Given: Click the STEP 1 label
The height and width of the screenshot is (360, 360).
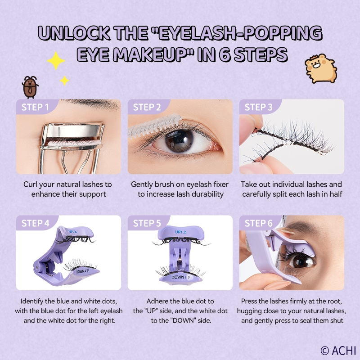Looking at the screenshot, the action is click(x=35, y=107).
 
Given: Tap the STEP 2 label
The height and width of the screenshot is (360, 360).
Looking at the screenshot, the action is click(x=147, y=107).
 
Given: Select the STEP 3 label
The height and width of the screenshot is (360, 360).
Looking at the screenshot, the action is click(x=258, y=107).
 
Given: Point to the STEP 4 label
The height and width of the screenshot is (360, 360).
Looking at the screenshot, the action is click(x=36, y=223).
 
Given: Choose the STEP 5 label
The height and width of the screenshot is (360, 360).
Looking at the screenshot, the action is click(x=147, y=223).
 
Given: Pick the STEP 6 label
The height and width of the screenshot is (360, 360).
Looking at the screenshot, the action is click(x=258, y=223).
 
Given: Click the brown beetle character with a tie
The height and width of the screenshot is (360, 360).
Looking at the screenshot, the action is click(x=30, y=87).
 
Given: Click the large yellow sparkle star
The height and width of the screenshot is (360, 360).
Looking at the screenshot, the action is click(x=56, y=61).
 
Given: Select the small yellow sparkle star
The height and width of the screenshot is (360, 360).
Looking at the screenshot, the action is click(x=64, y=81).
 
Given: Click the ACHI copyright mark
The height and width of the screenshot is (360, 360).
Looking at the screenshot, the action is click(x=338, y=351).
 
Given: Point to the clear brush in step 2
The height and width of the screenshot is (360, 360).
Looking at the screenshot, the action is click(x=155, y=127).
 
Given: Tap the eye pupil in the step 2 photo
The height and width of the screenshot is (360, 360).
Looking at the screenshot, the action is click(x=179, y=141).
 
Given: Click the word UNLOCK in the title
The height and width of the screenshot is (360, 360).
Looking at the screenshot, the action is click(x=74, y=33).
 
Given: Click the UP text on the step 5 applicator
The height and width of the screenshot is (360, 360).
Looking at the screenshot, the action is click(x=178, y=232).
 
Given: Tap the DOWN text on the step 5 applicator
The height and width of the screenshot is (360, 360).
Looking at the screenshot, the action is click(x=178, y=277).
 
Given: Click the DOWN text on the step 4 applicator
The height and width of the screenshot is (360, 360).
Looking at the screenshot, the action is click(x=81, y=272).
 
